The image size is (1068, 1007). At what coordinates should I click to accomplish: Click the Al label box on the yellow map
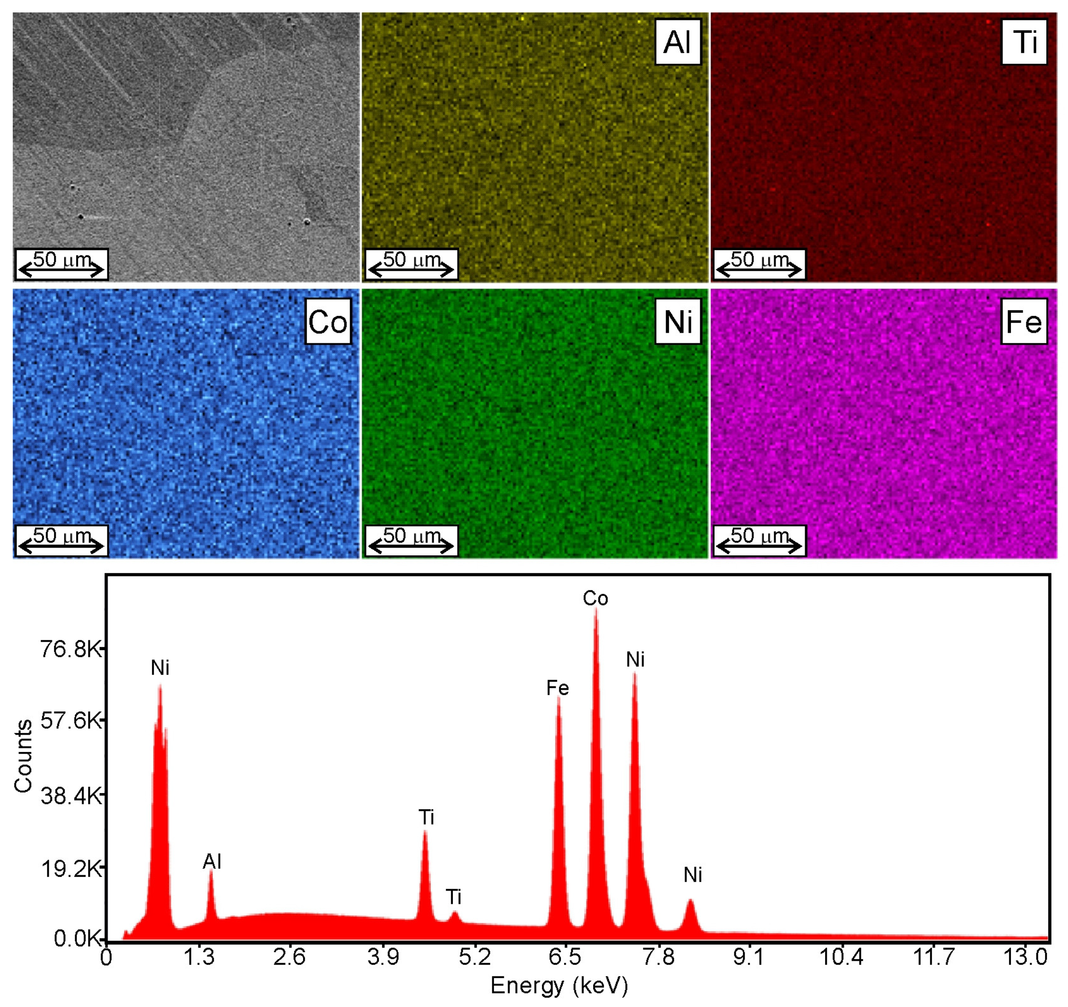coord(677,42)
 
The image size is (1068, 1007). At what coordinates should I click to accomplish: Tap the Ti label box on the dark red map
coord(1024,42)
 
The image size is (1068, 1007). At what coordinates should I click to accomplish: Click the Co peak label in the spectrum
coord(595,599)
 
